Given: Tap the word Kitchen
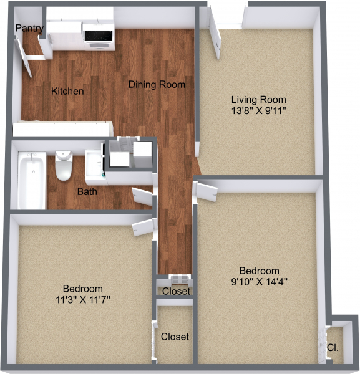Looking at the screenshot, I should [x=67, y=91].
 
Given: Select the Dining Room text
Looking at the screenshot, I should [x=157, y=84].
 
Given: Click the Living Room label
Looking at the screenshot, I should [x=258, y=99].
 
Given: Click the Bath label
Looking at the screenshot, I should [x=87, y=191].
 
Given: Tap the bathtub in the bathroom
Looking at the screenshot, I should [x=31, y=181].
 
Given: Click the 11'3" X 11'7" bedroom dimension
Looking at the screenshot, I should [x=82, y=300].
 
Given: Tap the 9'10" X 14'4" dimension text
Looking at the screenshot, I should [x=259, y=281].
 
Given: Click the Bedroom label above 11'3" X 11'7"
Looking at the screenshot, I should [x=82, y=289].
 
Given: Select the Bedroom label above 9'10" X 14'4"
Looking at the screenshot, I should [x=259, y=270].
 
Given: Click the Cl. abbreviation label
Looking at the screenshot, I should [x=333, y=347].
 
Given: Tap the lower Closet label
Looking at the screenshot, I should [x=175, y=337].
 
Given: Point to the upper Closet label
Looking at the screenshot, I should [x=176, y=291].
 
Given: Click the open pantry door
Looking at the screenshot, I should [x=26, y=59].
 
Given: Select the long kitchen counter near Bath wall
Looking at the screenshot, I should [x=62, y=129].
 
